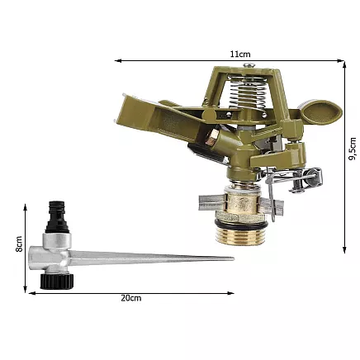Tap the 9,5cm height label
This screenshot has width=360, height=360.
[353, 154]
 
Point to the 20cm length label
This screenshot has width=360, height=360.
[130, 298]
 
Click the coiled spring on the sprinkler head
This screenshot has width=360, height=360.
[237, 107]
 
